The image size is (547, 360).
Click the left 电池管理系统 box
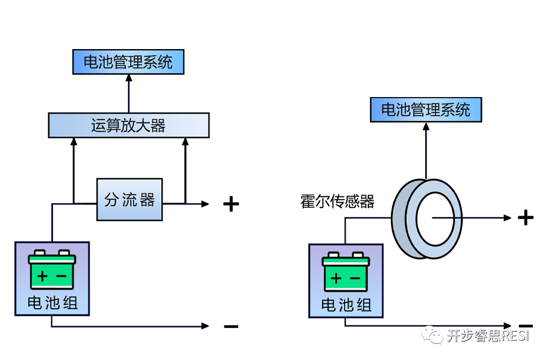coord(129,62)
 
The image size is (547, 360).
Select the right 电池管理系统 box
coord(426,109)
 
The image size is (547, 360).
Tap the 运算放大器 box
coord(129,125)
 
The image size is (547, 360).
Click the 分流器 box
coord(130,200)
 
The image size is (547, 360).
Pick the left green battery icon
coord(52,269)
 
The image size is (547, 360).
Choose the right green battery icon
coord(346,271)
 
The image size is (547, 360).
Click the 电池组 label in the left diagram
coord(52,303)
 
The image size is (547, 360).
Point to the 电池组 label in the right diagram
coord(346,305)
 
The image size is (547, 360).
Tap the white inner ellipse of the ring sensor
coord(435,219)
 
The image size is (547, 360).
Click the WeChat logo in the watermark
coord(433,335)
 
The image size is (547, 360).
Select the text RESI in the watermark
coord(515,336)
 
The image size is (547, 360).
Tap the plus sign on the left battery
coord(43,276)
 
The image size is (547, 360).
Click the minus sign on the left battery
coord(61,276)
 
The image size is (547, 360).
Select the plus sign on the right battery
coord(336,278)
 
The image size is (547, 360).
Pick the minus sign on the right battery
coord(355,278)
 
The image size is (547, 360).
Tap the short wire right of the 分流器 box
coord(185,204)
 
